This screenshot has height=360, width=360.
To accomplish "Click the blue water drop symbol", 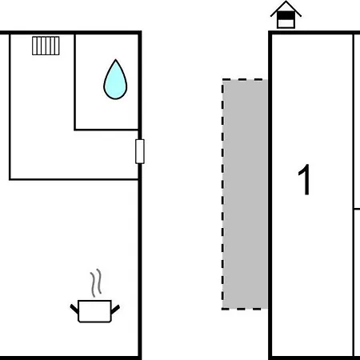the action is [x=115, y=80].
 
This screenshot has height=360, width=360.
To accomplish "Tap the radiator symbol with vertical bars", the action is [x=46, y=46].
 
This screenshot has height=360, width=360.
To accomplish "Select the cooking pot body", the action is [x=94, y=311].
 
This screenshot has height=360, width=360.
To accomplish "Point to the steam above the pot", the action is [x=96, y=282].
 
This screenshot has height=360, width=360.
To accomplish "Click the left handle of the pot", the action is [x=74, y=309].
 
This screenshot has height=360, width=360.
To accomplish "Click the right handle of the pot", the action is [x=115, y=310].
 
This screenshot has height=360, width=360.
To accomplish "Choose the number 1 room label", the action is [x=304, y=180].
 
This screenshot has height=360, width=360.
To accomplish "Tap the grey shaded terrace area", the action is [x=245, y=194].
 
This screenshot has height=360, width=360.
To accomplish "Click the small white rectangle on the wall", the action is [x=140, y=151].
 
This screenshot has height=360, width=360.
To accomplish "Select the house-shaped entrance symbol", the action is [x=286, y=15].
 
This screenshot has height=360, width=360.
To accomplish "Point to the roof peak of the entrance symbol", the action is [x=286, y=2].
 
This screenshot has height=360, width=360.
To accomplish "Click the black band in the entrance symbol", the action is [x=286, y=16].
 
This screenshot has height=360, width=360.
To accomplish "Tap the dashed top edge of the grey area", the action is [x=245, y=79].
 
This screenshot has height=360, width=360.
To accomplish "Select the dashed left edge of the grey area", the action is [x=223, y=194].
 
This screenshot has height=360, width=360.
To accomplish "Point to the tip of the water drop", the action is [x=115, y=60].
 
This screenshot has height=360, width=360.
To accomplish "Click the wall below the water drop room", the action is [x=106, y=130].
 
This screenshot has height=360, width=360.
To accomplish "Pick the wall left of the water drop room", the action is [x=75, y=82].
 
